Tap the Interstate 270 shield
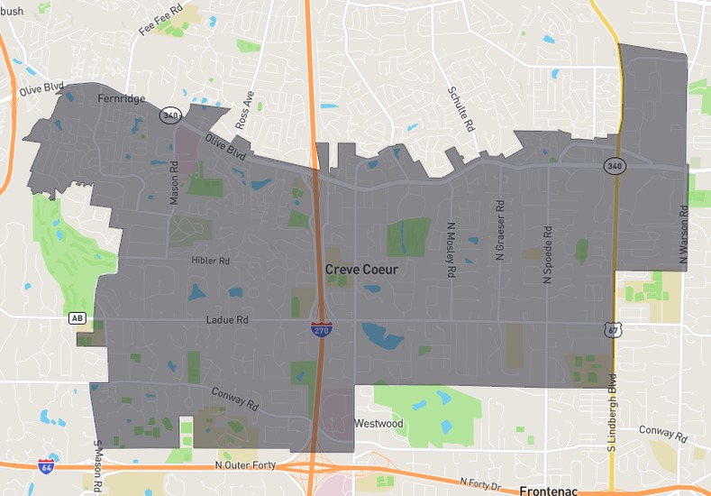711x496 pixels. (x=321, y=330)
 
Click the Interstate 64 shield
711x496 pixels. (x=46, y=466)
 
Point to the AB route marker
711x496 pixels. (x=77, y=318)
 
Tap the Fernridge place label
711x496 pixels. (x=121, y=99)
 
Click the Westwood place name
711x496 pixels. (x=378, y=424)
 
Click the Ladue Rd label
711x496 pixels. (x=226, y=320)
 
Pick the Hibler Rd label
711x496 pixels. (x=211, y=261)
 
